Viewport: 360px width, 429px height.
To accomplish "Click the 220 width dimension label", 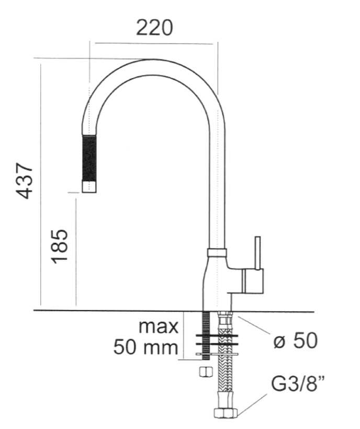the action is point(154,28).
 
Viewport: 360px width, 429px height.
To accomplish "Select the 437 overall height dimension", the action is point(25,181).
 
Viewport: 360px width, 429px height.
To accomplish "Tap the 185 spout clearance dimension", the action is point(59,246).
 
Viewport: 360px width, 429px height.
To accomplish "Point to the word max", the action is point(159,326).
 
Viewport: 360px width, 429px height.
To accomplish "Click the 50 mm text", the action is point(145,347).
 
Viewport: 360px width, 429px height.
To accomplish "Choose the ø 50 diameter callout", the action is point(296,341).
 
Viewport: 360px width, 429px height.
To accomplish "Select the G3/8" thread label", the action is point(299,384).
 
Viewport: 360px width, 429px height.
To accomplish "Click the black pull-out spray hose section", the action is point(89,158).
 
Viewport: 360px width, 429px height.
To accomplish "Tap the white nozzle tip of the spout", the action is point(89,187).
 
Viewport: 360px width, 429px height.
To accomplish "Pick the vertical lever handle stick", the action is point(257,253).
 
